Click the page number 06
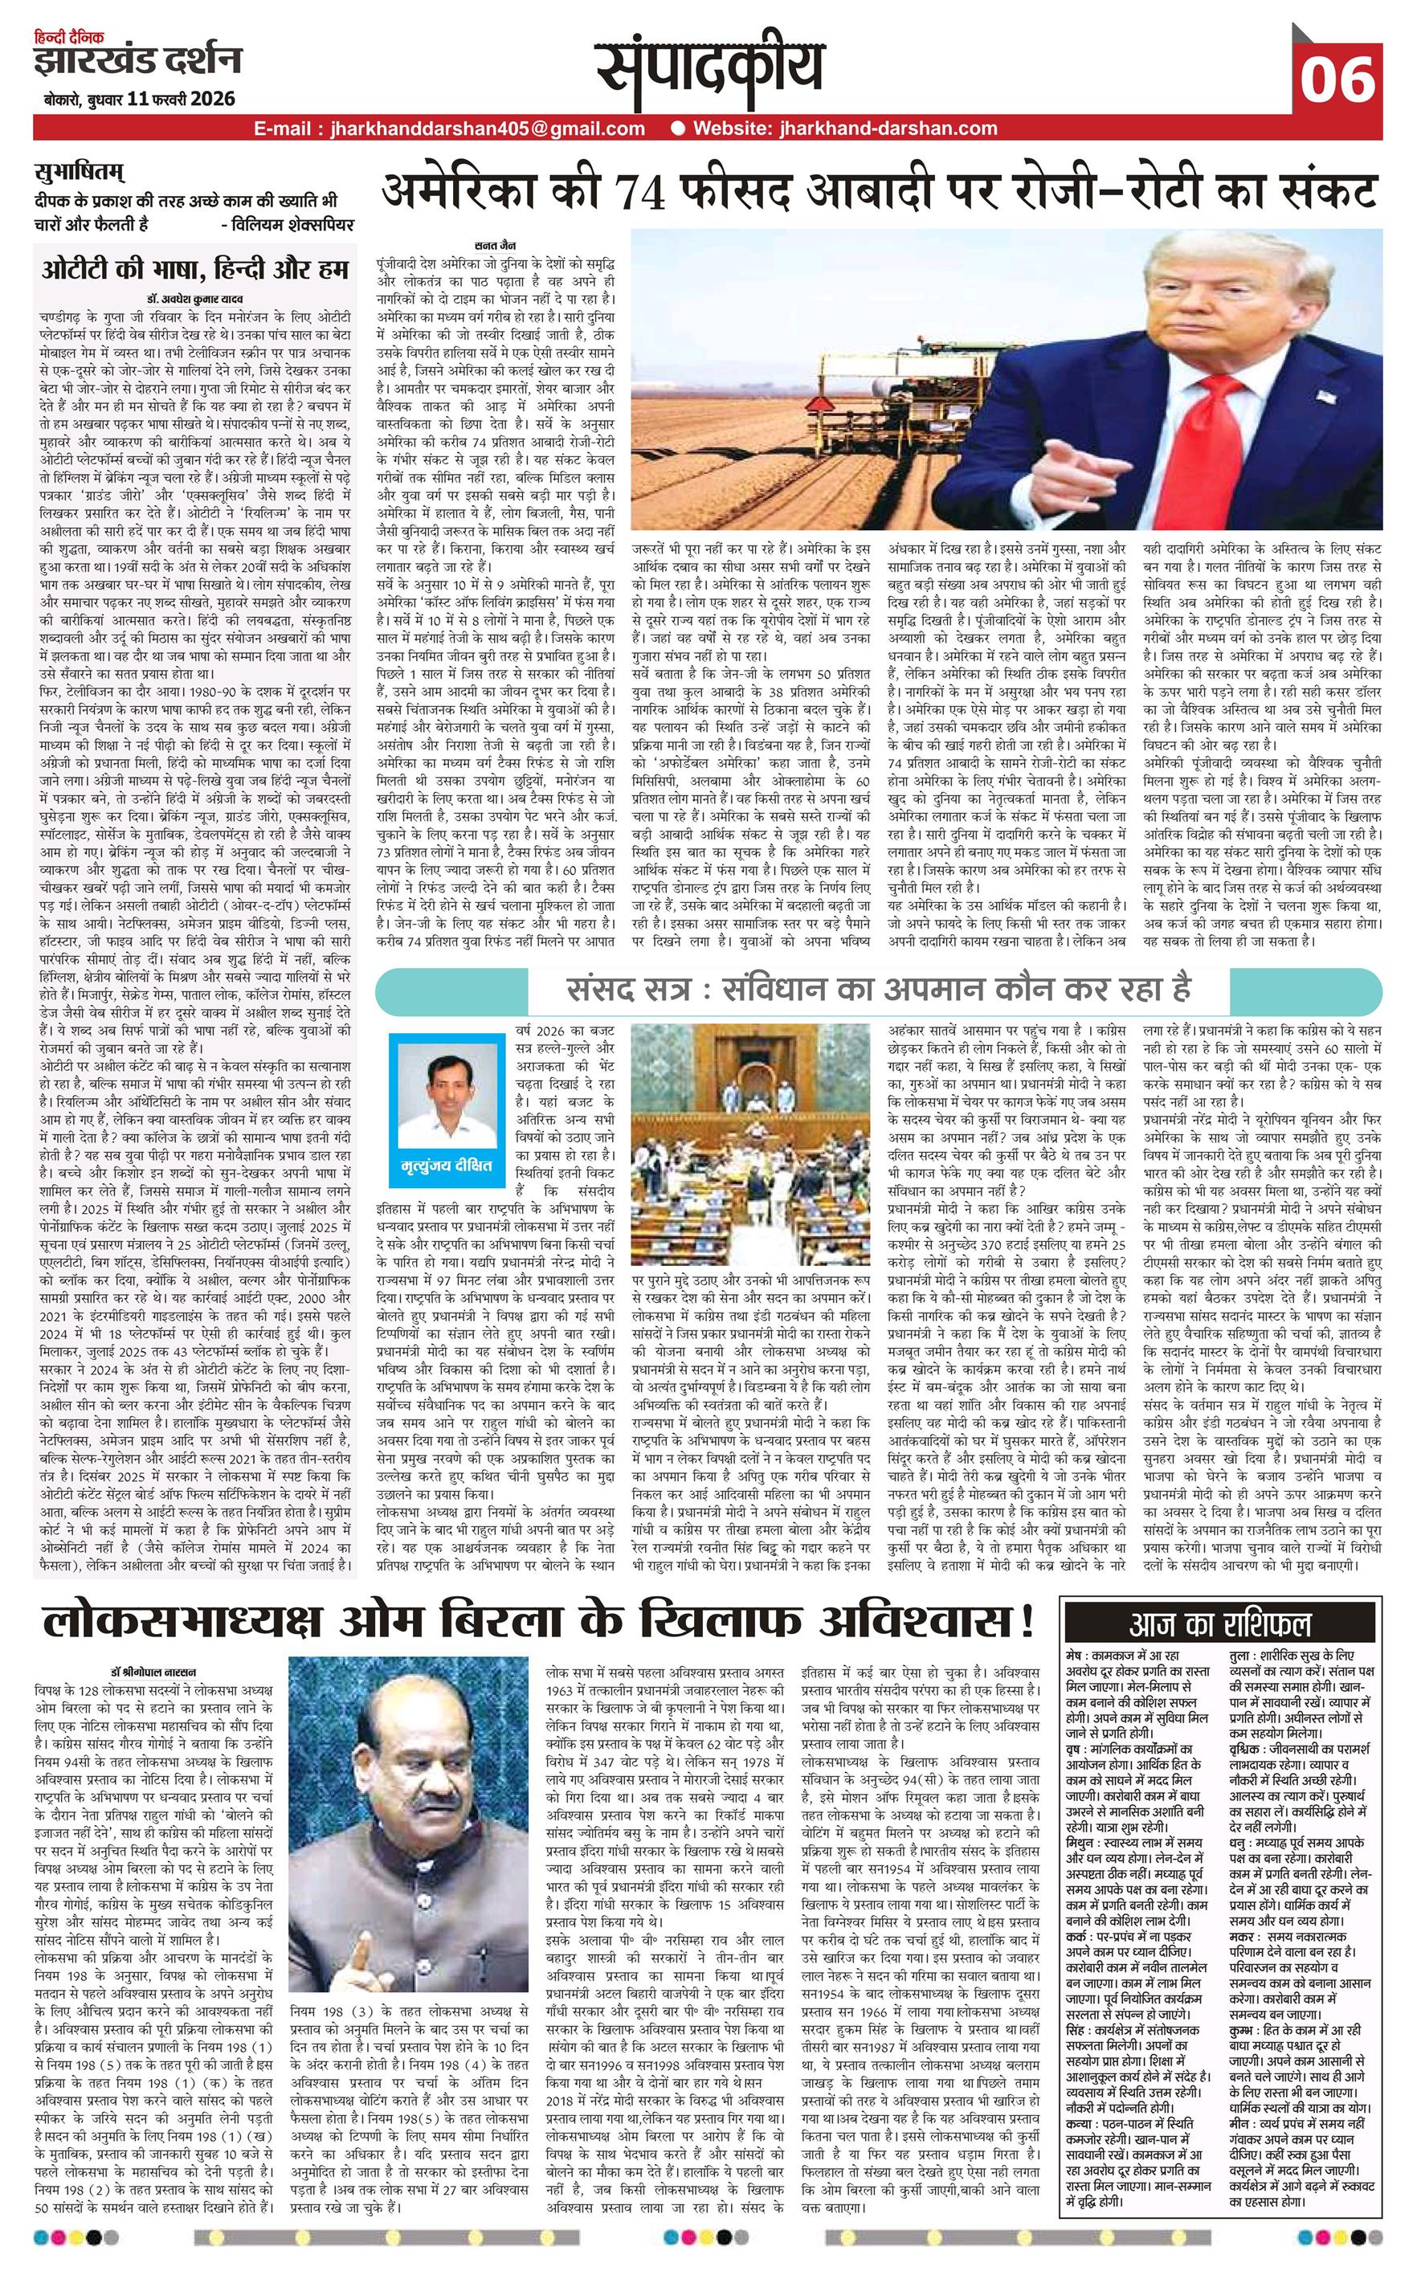(x=1337, y=79)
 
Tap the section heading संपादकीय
(x=713, y=70)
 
